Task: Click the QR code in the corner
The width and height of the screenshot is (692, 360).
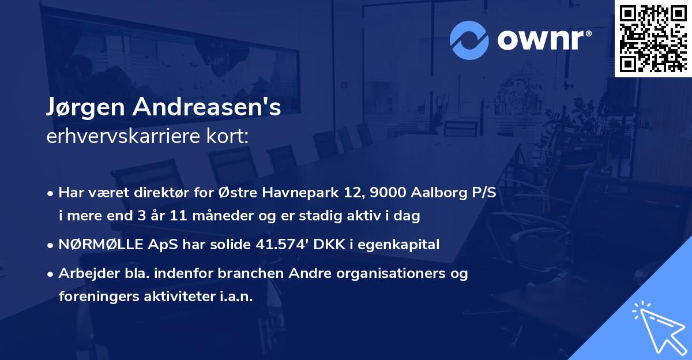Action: click(x=653, y=38)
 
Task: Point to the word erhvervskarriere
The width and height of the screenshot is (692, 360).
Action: click(x=121, y=137)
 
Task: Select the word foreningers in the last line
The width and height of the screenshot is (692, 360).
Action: click(x=96, y=297)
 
